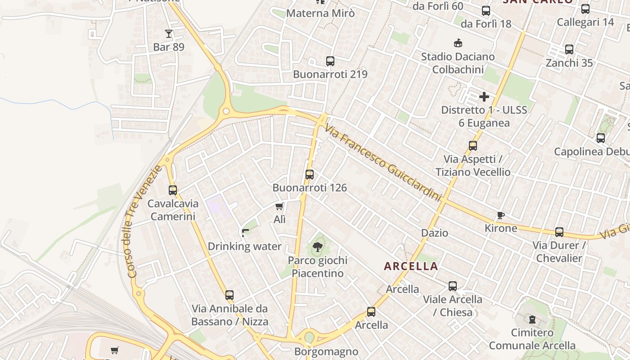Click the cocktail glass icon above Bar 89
(169, 34)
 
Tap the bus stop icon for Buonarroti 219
(330, 61)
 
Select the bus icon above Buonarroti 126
(310, 175)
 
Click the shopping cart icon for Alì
(279, 207)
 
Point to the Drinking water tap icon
(245, 233)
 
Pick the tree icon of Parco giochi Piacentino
(317, 247)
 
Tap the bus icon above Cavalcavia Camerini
(173, 190)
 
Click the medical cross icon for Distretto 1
(484, 97)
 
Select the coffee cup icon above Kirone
(500, 216)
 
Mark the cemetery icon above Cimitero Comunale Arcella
(532, 319)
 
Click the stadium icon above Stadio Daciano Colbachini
(458, 43)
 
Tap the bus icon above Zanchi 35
(569, 49)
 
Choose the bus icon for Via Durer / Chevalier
(559, 232)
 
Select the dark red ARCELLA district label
(411, 266)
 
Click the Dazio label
(435, 233)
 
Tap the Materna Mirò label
(320, 13)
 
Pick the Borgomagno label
(326, 351)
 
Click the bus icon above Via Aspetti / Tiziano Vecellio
(473, 146)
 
